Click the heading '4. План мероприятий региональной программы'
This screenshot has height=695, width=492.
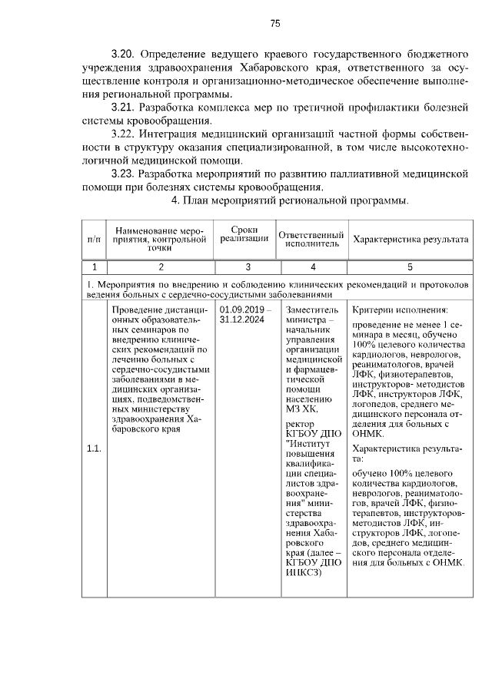click(289, 201)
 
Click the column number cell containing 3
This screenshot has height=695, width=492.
click(248, 267)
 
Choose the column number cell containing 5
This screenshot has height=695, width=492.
click(410, 267)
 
